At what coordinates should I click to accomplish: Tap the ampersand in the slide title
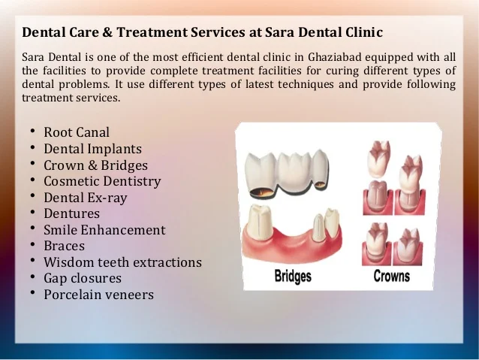[107, 32]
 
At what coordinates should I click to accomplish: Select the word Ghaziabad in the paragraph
[335, 57]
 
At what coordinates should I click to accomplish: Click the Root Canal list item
[77, 132]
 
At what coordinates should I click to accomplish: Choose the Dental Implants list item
[92, 149]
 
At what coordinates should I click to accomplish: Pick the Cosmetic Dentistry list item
[102, 181]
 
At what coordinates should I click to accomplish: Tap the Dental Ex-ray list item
[86, 198]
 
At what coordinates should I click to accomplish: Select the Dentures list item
[71, 213]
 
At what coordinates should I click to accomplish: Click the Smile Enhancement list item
[104, 230]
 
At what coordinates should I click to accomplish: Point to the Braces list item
[64, 246]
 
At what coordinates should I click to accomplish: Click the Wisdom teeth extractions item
[122, 262]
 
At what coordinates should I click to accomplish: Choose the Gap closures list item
[83, 278]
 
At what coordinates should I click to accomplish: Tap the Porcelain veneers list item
[98, 295]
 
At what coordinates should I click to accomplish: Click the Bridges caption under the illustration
[293, 276]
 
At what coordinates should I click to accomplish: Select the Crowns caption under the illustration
[391, 276]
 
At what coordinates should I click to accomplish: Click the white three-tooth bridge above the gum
[287, 173]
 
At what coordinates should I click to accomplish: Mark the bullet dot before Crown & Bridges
[33, 164]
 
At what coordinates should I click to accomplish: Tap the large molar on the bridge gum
[260, 222]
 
